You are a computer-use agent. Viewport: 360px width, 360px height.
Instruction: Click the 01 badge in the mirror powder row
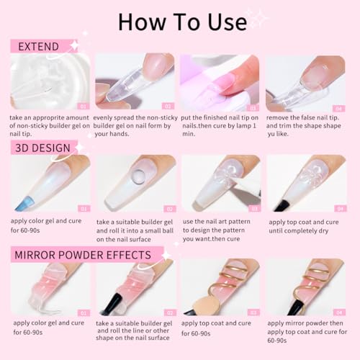tap(83, 312)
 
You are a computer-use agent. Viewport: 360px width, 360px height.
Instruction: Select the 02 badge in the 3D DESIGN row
tap(168, 208)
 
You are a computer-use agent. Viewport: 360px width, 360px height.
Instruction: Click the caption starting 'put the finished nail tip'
tap(218, 127)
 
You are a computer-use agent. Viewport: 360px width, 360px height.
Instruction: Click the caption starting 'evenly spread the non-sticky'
tap(135, 127)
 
